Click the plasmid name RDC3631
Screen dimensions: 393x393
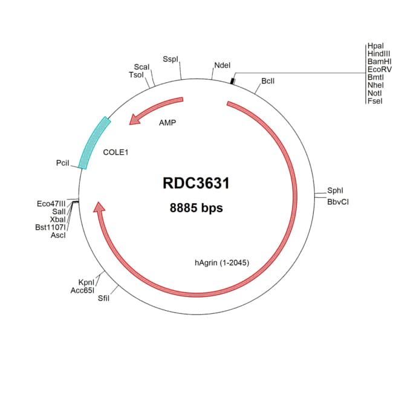click(x=196, y=183)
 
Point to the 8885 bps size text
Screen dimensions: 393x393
click(x=196, y=208)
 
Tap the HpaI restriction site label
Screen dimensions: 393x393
click(x=375, y=46)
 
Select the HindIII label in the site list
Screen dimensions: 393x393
click(x=378, y=54)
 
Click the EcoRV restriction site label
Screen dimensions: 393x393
click(x=379, y=70)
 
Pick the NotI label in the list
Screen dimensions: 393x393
click(x=374, y=93)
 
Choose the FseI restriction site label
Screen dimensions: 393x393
click(x=374, y=101)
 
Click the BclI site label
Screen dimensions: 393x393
click(x=268, y=80)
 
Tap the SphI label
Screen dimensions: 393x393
click(x=336, y=190)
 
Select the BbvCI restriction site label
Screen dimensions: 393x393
click(x=338, y=201)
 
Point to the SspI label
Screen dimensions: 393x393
click(x=171, y=59)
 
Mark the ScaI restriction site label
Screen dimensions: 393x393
click(x=141, y=67)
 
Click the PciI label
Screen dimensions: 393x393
click(x=63, y=163)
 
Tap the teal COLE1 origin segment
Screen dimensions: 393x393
click(x=96, y=142)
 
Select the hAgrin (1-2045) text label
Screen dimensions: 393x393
click(x=222, y=263)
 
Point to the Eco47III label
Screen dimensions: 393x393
click(x=51, y=204)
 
